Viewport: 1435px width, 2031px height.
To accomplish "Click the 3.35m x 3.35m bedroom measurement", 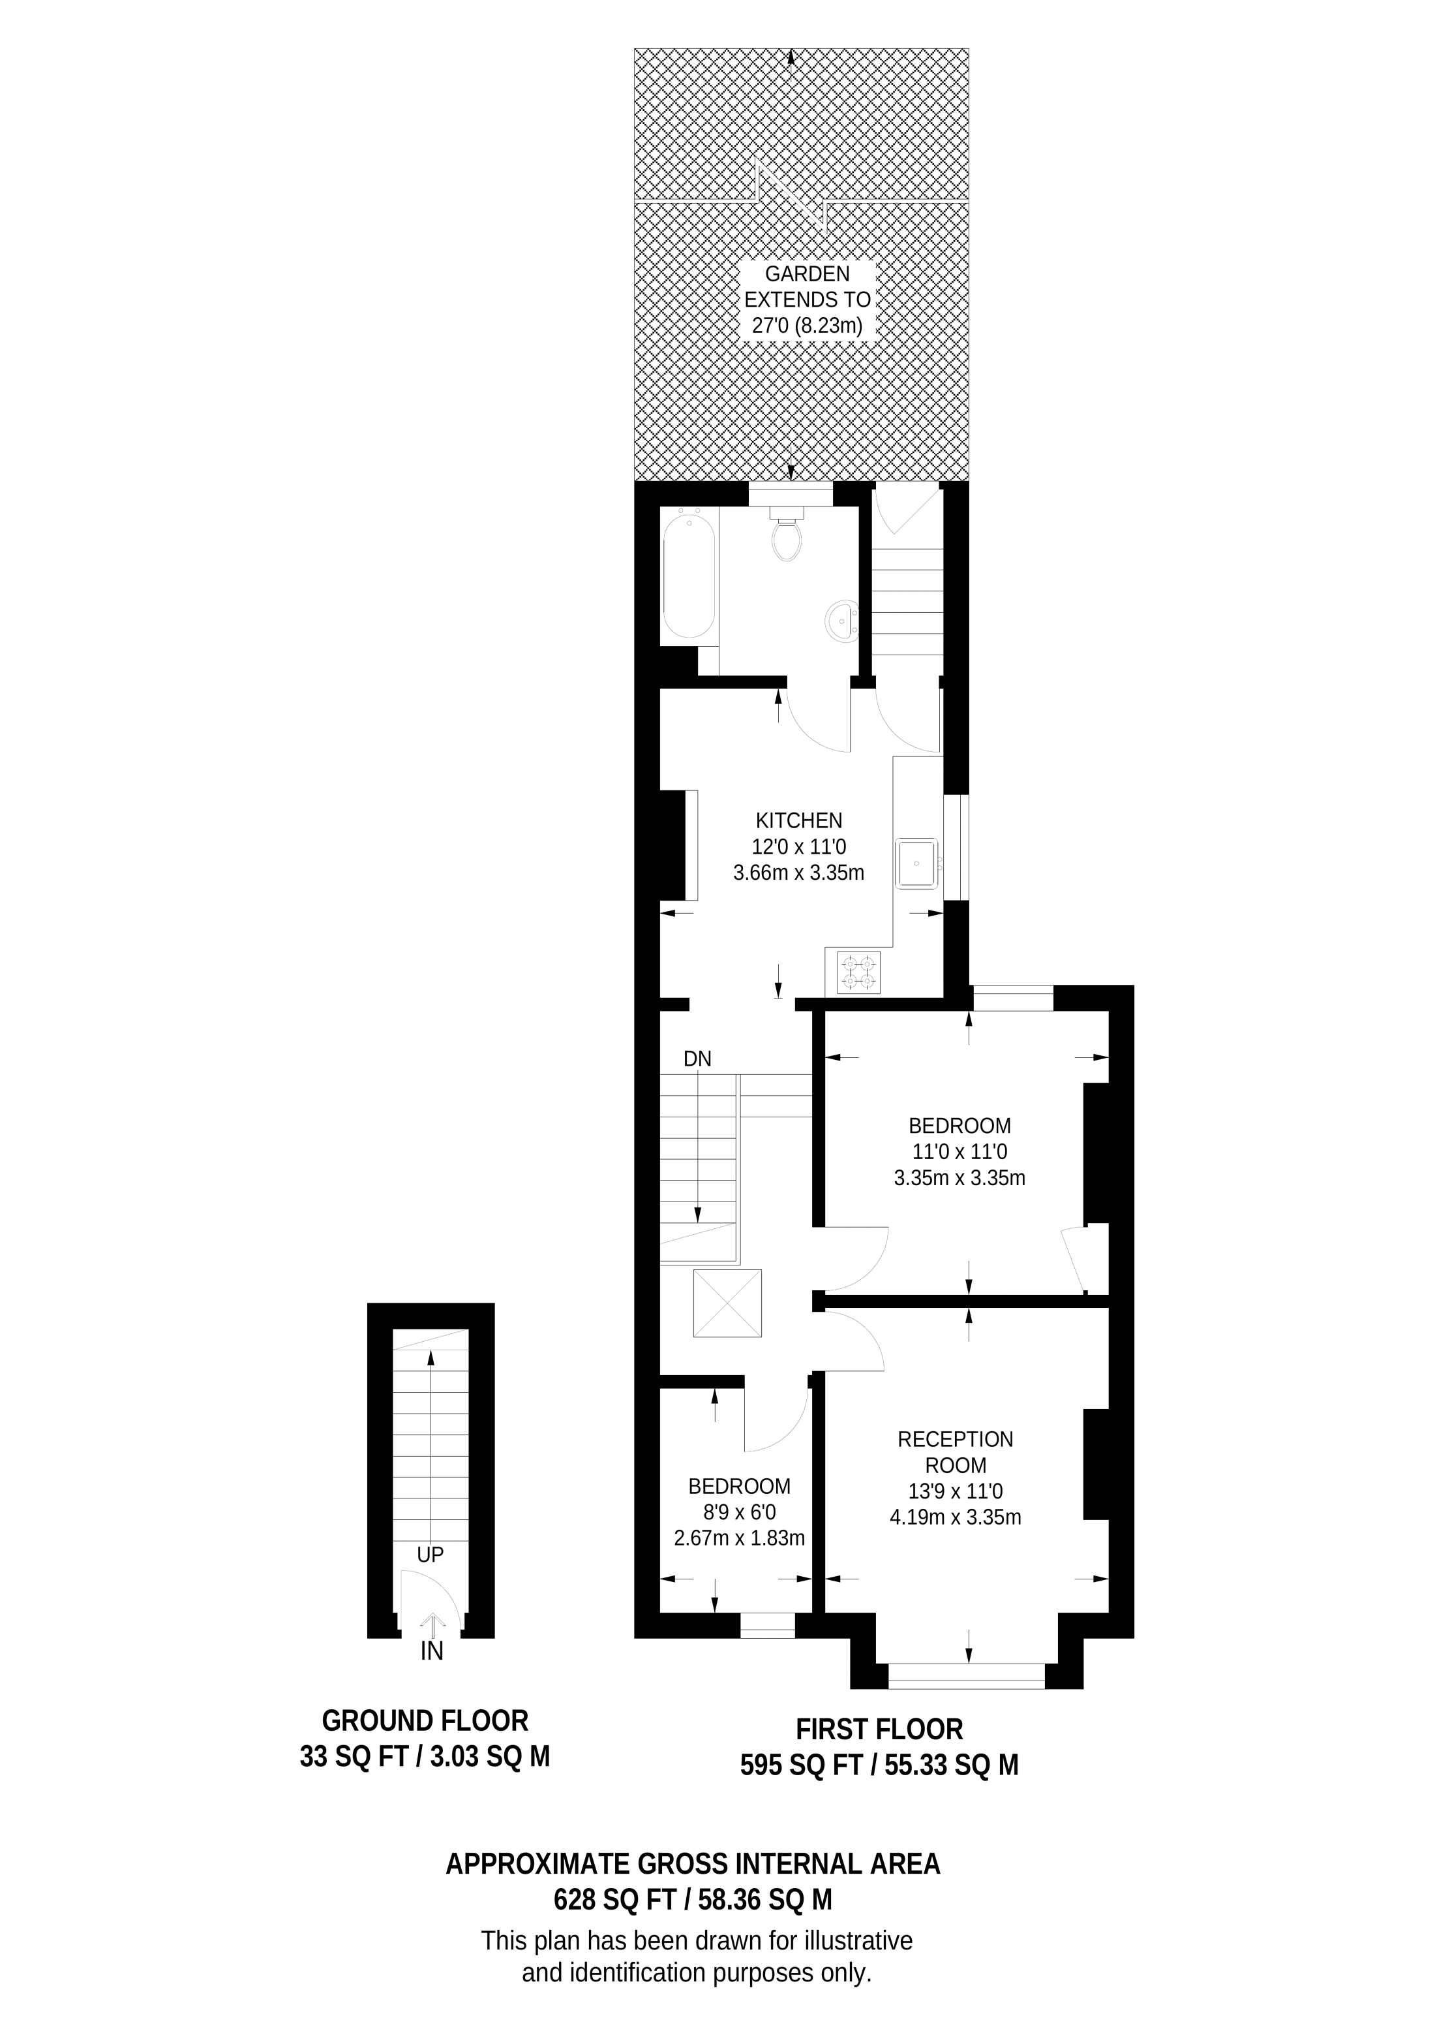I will (x=959, y=1177).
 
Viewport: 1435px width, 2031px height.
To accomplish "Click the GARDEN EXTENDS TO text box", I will (x=806, y=300).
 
